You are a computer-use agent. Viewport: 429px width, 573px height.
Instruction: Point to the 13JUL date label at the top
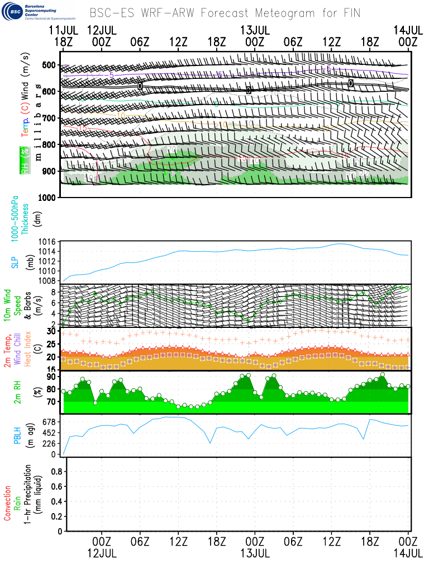coord(255,29)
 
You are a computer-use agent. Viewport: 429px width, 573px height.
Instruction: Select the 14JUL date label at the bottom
coord(408,553)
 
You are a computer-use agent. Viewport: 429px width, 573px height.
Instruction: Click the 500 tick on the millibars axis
coord(48,65)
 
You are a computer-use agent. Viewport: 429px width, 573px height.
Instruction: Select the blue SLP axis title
coord(16,262)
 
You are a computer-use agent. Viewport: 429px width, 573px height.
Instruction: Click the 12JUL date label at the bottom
coord(102,553)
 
